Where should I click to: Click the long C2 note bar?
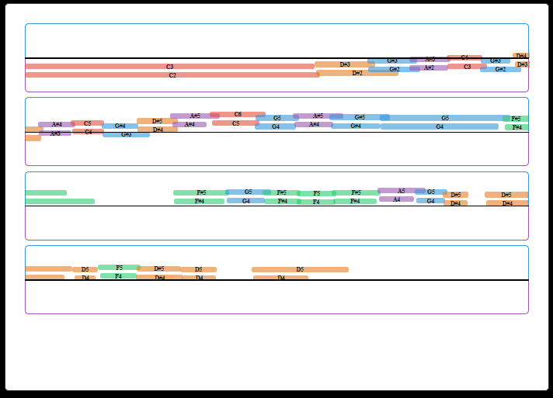(172, 75)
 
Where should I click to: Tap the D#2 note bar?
(356, 73)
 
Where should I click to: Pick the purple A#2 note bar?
(429, 67)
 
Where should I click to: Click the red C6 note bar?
(238, 114)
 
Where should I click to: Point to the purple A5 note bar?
(401, 191)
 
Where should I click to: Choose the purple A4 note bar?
(396, 199)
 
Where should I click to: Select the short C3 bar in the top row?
(467, 67)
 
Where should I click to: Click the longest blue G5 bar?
(444, 118)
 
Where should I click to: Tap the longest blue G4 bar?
(439, 126)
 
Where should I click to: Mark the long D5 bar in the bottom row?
(300, 270)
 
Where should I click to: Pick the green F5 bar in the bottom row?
(119, 268)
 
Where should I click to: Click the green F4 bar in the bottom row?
(118, 276)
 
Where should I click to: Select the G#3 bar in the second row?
(126, 134)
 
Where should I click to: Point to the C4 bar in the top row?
(464, 57)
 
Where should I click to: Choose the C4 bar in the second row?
(88, 132)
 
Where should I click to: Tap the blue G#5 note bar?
(360, 117)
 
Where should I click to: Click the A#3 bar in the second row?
(55, 133)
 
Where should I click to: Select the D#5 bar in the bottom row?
(159, 269)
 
